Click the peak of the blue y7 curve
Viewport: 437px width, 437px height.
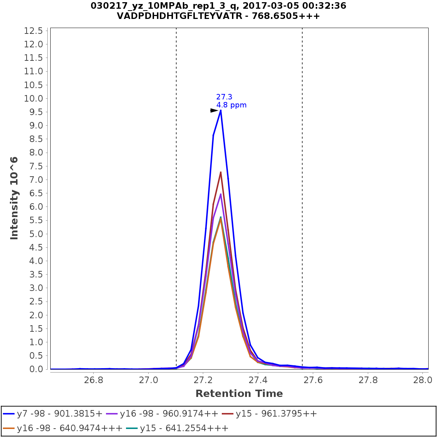(x=221, y=110)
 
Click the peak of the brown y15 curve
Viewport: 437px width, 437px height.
(x=221, y=172)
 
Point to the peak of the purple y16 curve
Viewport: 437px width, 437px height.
(x=221, y=194)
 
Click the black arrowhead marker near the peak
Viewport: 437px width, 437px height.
(x=214, y=110)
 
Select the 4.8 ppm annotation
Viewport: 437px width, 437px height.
(x=231, y=105)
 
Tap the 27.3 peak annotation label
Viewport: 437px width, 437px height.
(x=224, y=97)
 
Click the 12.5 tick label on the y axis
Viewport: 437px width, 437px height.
(x=34, y=31)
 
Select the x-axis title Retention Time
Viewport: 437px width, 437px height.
(x=239, y=394)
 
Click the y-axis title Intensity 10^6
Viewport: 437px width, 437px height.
(x=14, y=198)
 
